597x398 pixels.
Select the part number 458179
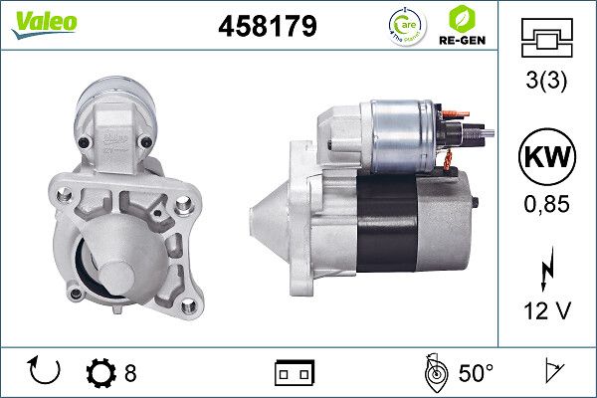pyautogui.click(x=267, y=27)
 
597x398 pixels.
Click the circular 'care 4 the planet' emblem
pyautogui.click(x=403, y=25)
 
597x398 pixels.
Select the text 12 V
pyautogui.click(x=547, y=312)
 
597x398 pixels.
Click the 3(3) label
pyautogui.click(x=547, y=85)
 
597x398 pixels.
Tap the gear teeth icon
pyautogui.click(x=101, y=374)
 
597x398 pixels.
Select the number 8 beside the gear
pyautogui.click(x=130, y=374)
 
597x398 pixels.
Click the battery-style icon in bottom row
pyautogui.click(x=294, y=374)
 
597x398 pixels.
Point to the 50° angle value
pyautogui.click(x=476, y=374)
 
